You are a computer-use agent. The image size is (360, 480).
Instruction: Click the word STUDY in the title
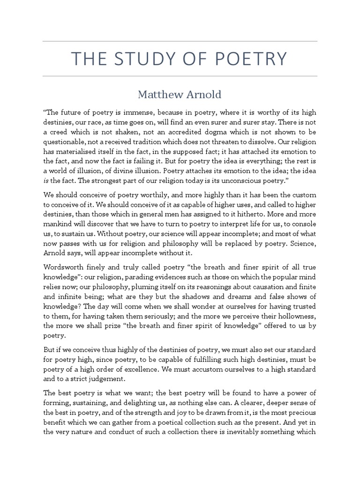135,59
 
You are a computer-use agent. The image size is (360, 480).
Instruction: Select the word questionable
65,143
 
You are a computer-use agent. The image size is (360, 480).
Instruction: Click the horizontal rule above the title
180,41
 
